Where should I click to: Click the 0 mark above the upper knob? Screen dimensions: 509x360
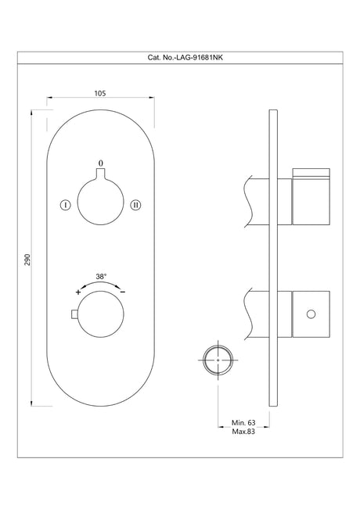[x=99, y=163]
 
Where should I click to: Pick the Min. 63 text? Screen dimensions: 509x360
[x=244, y=422]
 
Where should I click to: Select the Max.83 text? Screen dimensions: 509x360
[x=244, y=431]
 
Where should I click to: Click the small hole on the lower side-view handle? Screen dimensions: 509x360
[x=311, y=314]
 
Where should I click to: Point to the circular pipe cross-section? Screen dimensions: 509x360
[x=217, y=360]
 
